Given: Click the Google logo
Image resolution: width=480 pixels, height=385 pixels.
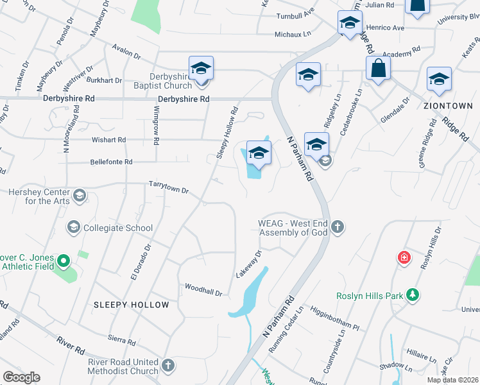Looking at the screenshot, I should coord(21,377).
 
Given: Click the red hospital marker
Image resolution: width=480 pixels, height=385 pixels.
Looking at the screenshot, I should coord(404,258).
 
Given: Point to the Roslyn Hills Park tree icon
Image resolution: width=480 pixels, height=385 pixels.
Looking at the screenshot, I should coord(415,295).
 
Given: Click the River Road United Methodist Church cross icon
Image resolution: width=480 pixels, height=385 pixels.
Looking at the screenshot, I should coord(168,366).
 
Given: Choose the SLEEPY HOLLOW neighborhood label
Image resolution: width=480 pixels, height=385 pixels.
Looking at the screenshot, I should coord(132,305).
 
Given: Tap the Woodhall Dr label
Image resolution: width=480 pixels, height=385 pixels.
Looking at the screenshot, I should coord(203,289).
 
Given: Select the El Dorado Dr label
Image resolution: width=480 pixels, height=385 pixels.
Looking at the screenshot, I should coord(141,262).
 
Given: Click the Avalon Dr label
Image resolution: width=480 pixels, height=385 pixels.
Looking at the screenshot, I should coord(126,51).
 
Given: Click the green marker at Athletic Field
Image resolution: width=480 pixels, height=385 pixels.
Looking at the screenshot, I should coord(63,261).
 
